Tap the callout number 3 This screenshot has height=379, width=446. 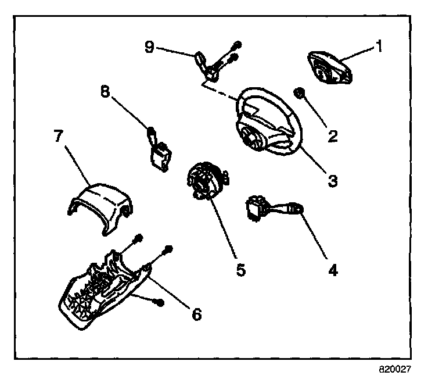tap(332, 181)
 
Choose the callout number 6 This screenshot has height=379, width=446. tap(196, 314)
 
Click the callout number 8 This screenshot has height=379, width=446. tap(106, 91)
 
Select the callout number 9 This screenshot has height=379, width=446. tap(150, 47)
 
